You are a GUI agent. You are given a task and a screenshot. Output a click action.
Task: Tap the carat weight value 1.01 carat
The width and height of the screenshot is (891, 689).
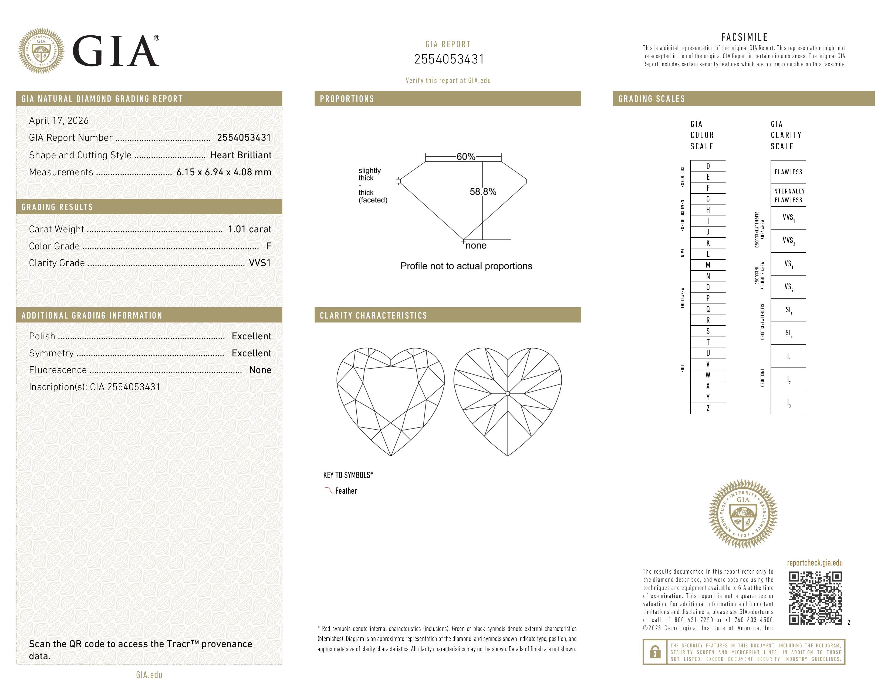tap(249, 229)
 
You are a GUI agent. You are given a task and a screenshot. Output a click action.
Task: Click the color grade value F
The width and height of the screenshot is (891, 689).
tap(268, 246)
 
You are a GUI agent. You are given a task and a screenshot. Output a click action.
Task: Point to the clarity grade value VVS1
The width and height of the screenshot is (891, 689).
tap(260, 263)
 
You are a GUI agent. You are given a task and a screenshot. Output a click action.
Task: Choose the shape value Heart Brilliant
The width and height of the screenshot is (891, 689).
tap(241, 155)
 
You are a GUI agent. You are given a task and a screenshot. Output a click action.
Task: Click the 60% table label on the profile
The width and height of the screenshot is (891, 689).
tap(465, 157)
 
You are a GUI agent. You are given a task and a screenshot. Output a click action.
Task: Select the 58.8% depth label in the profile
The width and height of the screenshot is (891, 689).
tap(483, 192)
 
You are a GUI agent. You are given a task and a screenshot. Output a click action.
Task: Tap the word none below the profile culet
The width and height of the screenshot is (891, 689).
tap(476, 245)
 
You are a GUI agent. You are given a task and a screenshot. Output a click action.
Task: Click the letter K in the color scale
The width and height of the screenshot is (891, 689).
tap(708, 243)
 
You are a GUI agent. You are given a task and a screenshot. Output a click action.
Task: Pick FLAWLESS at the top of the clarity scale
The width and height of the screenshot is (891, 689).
tap(788, 172)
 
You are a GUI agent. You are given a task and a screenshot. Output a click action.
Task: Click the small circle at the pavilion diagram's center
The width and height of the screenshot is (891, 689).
tap(508, 393)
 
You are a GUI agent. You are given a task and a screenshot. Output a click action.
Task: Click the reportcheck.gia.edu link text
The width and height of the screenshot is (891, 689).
tap(814, 563)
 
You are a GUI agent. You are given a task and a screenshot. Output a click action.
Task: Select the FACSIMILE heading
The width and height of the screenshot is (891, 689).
tap(744, 37)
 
